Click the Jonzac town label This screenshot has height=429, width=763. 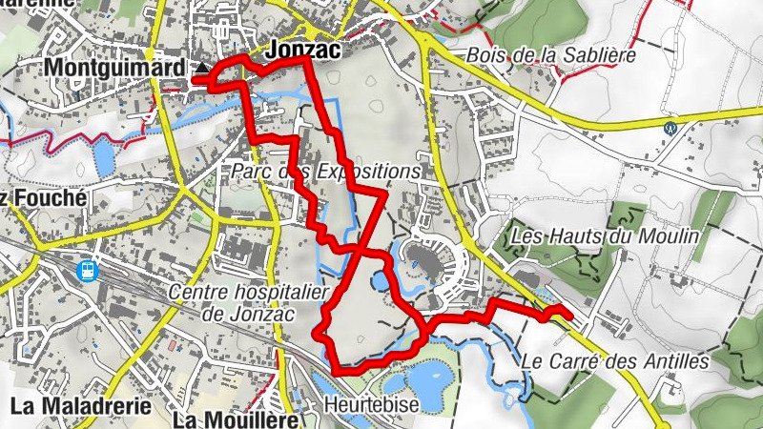point(305,48)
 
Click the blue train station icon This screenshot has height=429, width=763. point(87,271)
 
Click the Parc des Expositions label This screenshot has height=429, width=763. point(325,172)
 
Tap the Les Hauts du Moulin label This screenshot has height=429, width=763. point(607,235)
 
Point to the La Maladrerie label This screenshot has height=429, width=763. point(81,406)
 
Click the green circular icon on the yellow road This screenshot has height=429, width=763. point(670,126)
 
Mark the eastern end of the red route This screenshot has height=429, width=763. point(568,316)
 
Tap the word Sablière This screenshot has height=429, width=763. point(598,55)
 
